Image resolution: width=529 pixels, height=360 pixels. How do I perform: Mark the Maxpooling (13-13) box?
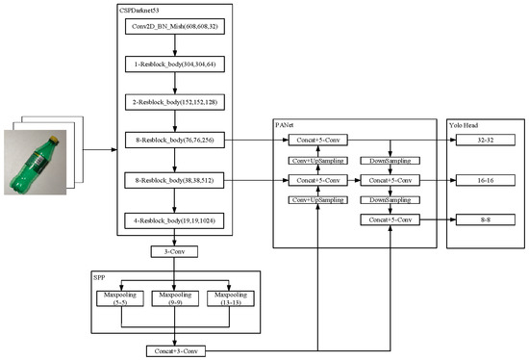pyautogui.click(x=234, y=296)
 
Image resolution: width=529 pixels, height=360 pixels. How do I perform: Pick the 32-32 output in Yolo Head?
pyautogui.click(x=483, y=140)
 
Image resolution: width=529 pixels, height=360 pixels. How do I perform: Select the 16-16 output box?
pyautogui.click(x=483, y=179)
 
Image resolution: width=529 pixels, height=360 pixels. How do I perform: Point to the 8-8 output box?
pyautogui.click(x=483, y=220)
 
